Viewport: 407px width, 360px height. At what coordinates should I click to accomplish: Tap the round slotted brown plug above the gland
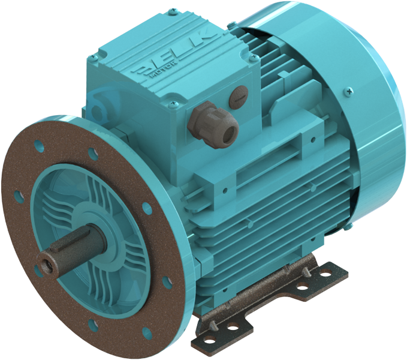pyautogui.click(x=238, y=96)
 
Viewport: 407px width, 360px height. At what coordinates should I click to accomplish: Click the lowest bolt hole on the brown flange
pyautogui.click(x=93, y=326)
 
